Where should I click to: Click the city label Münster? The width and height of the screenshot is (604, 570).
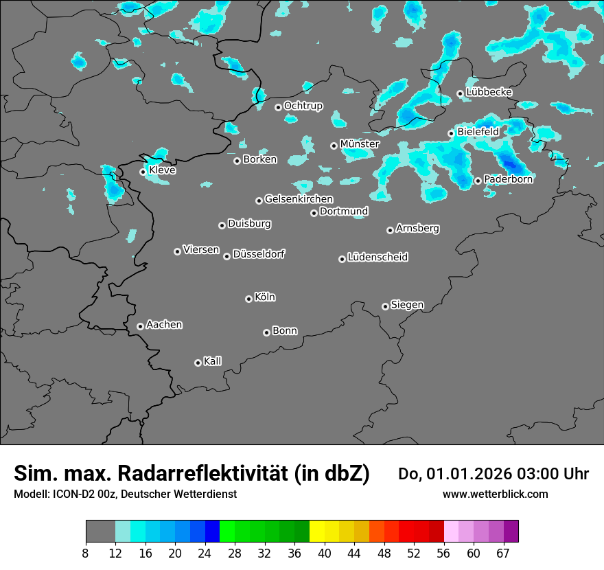point(359,144)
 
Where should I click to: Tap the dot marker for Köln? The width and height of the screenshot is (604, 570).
point(248,299)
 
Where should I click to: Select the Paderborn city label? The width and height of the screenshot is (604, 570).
point(508,179)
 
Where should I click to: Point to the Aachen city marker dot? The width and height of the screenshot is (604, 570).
point(140,326)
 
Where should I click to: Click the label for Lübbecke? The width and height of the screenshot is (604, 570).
point(489,92)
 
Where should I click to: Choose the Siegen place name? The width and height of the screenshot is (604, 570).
point(407,305)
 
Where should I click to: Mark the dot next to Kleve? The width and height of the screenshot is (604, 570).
point(143,172)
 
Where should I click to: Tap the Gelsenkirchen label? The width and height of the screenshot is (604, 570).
point(299,199)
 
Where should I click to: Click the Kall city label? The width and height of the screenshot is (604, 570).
point(213,361)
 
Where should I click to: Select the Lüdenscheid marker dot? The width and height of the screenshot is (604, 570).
point(342,259)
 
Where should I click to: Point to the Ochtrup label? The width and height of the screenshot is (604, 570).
point(303,106)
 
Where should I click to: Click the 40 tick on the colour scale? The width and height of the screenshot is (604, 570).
point(324,553)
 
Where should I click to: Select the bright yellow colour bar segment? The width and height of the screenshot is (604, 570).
point(316,532)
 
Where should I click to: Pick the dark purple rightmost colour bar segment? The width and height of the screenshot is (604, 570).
point(511,532)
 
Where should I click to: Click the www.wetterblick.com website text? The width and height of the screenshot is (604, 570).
point(495,494)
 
